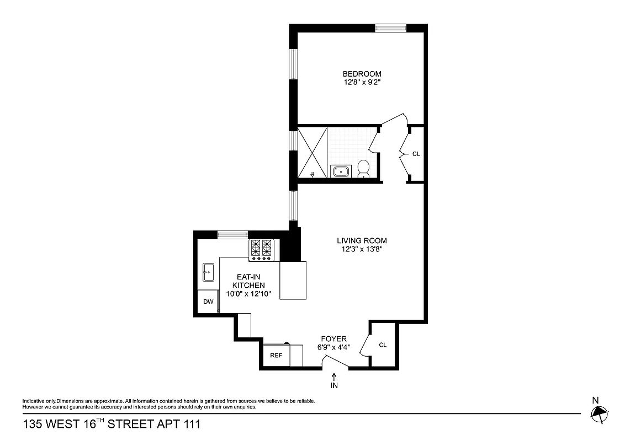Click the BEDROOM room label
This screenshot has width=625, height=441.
click(362, 74)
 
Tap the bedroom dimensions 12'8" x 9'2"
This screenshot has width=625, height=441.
click(362, 83)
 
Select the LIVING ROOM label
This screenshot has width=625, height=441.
click(362, 240)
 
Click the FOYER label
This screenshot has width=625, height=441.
click(334, 338)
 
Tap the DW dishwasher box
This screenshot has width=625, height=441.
click(208, 302)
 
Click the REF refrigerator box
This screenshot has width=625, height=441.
click(276, 356)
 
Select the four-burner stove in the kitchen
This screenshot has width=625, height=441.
click(262, 250)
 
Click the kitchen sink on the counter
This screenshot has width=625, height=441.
click(209, 271)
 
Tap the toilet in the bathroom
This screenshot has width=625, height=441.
click(363, 168)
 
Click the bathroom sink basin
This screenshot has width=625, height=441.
click(340, 171)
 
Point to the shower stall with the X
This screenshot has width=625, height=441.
click(312, 152)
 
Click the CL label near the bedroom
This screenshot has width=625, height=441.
click(416, 154)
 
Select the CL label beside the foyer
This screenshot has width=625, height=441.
click(383, 345)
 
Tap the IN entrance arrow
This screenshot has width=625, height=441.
click(334, 381)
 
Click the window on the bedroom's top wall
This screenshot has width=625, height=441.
click(391, 27)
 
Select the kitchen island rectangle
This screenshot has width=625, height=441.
click(293, 280)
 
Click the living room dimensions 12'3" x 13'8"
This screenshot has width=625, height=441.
click(362, 249)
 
